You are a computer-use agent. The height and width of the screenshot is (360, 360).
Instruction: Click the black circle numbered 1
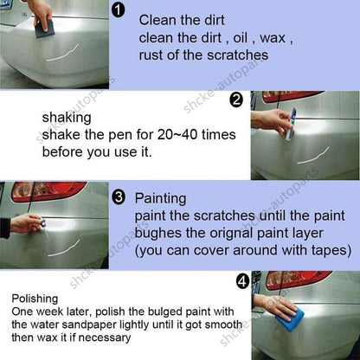pyautogui.click(x=118, y=11)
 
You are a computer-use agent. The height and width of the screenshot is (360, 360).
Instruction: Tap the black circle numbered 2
pyautogui.click(x=236, y=100)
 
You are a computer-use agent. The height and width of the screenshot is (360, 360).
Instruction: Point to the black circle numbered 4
pyautogui.click(x=242, y=281)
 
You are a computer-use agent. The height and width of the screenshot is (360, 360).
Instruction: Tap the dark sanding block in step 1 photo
pyautogui.click(x=44, y=29)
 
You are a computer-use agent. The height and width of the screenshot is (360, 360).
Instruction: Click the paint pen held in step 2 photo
pyautogui.click(x=291, y=125)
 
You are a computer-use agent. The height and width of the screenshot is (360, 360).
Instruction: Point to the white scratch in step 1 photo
pyautogui.click(x=62, y=53)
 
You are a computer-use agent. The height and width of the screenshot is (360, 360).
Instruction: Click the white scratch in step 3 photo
pyautogui.click(x=64, y=248)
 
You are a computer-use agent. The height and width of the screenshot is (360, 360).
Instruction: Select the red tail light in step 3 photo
pyautogui.click(x=48, y=191)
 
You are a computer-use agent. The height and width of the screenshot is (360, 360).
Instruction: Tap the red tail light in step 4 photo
pyautogui.click(x=298, y=280)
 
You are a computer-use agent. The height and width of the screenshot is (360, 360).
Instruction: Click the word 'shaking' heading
pyautogui.click(x=67, y=118)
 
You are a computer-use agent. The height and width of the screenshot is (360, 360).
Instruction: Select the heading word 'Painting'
pyautogui.click(x=160, y=199)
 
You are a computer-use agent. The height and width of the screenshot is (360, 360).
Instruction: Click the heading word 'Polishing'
pyautogui.click(x=35, y=299)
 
